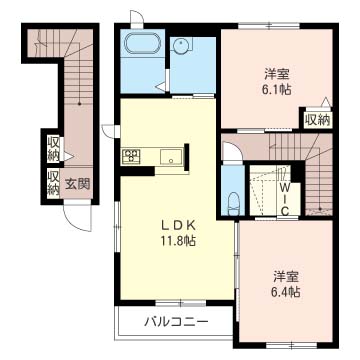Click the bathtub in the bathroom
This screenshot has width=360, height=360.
tap(143, 42)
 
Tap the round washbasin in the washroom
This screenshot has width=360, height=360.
tap(181, 45)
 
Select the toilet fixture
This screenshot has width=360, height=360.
tap(233, 204)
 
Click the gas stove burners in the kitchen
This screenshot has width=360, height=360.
tap(132, 156)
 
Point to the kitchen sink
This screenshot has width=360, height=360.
tap(171, 157)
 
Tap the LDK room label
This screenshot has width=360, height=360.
tap(178, 226)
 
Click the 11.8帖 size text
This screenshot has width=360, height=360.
tap(178, 240)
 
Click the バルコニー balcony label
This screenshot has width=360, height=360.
tap(176, 322)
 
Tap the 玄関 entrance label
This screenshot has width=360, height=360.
tap(77, 185)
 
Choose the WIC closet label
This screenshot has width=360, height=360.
tap(284, 199)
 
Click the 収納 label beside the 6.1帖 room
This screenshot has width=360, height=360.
tap(318, 120)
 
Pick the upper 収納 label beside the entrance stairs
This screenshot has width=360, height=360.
tap(53, 149)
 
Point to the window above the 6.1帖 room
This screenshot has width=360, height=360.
tap(269, 25)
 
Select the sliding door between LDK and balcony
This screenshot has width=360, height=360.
tap(181, 303)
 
